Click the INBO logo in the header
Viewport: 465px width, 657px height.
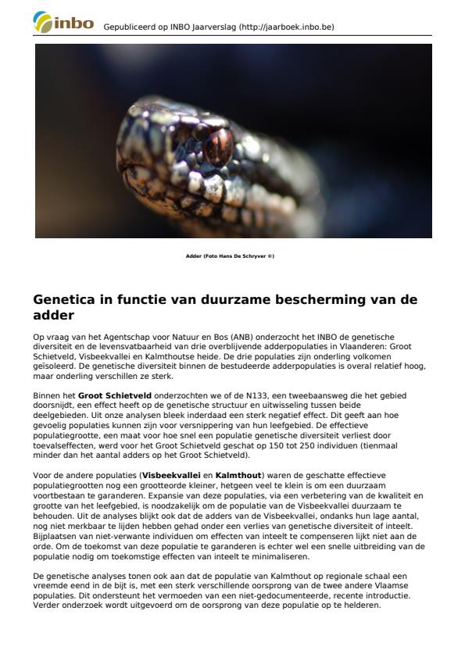coord(63,23)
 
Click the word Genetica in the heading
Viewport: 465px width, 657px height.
coord(64,299)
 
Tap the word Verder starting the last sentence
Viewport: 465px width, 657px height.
coord(45,605)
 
